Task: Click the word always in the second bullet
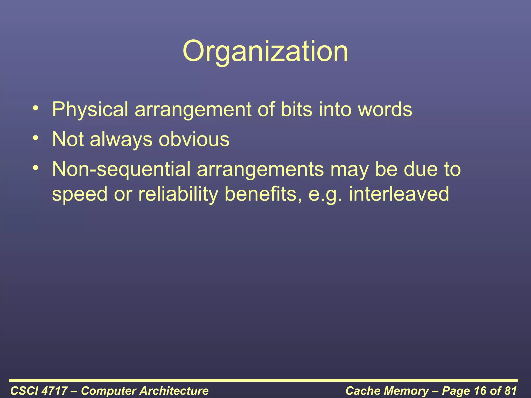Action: point(121,139)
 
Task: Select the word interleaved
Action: point(399,194)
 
